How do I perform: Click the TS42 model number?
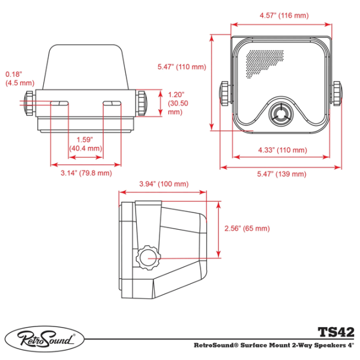(x=335, y=331)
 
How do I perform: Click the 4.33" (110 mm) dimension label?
(x=281, y=150)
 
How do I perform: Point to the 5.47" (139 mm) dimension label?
(x=281, y=173)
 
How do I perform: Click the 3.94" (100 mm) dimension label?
(x=163, y=184)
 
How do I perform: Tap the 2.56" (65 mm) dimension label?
(x=247, y=229)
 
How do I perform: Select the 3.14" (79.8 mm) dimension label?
(x=86, y=173)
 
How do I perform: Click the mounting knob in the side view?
(x=148, y=258)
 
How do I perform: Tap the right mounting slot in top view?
(x=112, y=104)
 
